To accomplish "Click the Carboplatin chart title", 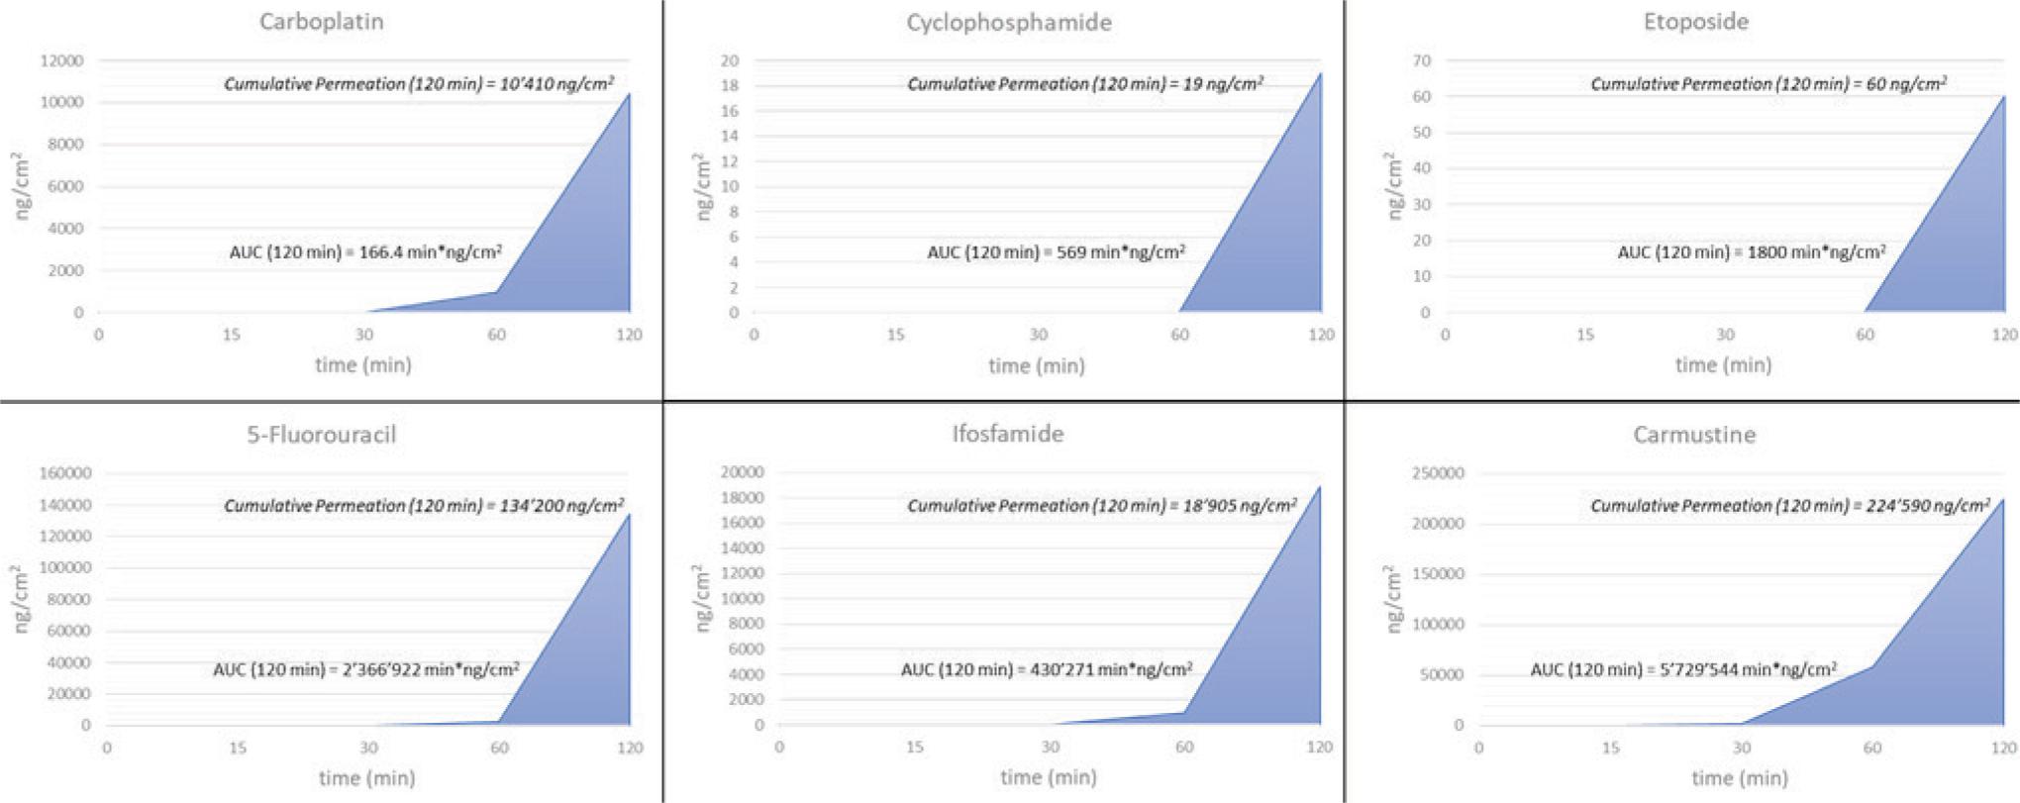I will tap(321, 22).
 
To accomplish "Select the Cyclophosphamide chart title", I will tap(1008, 22).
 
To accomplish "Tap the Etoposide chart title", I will tap(1695, 22).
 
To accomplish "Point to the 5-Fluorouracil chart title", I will tap(321, 434).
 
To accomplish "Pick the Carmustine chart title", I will tap(1694, 434).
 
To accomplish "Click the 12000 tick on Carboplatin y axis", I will tap(61, 60).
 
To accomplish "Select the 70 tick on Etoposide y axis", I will tap(1421, 60).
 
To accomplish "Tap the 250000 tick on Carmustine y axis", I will tap(1437, 473).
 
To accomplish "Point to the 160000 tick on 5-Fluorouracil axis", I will tap(64, 473).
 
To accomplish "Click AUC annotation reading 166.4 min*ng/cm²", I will tap(365, 251).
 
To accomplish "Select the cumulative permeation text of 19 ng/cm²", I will tap(1085, 84).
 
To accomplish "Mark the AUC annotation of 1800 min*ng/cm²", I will tap(1751, 251).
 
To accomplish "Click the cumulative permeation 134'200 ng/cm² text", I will tap(424, 505).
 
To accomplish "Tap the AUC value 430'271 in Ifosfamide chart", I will tap(1046, 669).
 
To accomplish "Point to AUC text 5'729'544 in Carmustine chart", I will tap(1683, 669).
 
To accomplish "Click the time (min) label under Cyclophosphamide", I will tap(1036, 365).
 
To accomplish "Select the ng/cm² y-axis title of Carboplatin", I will tap(21, 185).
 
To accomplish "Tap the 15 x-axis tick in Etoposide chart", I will tap(1584, 335).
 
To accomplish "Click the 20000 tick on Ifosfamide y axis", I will tap(743, 472).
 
